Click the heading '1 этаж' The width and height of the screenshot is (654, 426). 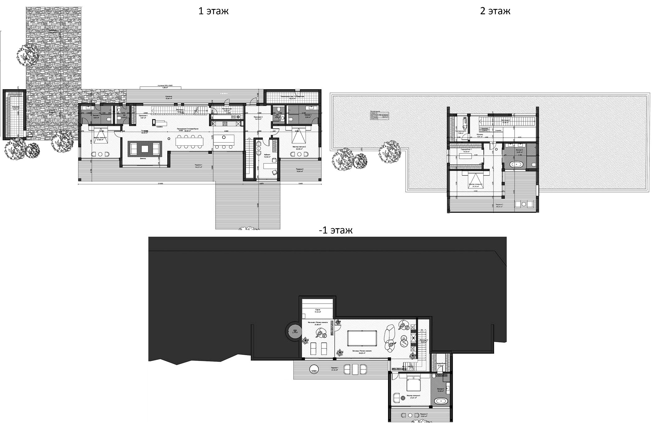click(x=213, y=11)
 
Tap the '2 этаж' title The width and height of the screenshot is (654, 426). click(x=495, y=11)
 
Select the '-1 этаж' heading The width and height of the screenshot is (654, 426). click(x=336, y=230)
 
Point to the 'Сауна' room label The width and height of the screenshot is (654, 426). click(x=318, y=310)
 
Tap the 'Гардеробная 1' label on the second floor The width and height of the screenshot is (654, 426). click(x=466, y=149)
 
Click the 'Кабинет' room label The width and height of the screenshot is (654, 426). click(x=267, y=155)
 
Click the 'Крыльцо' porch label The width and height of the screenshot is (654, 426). click(x=169, y=97)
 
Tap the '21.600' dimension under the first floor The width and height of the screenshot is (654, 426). click(x=161, y=184)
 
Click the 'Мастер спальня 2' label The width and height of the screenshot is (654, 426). click(x=299, y=147)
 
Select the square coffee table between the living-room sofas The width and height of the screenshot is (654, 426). click(x=145, y=149)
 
